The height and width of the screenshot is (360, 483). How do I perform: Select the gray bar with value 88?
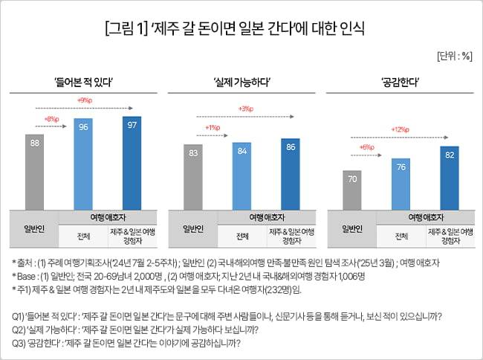(35, 172)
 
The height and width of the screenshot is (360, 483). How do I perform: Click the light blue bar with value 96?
(84, 164)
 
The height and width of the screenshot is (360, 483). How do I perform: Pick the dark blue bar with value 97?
(132, 163)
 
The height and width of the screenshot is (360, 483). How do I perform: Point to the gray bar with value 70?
(351, 190)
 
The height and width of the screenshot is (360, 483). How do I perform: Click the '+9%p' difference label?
(84, 100)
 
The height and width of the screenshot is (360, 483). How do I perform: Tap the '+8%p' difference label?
(51, 118)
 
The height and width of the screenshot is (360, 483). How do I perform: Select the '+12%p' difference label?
(401, 129)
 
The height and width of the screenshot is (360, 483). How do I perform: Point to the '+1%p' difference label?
(210, 127)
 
